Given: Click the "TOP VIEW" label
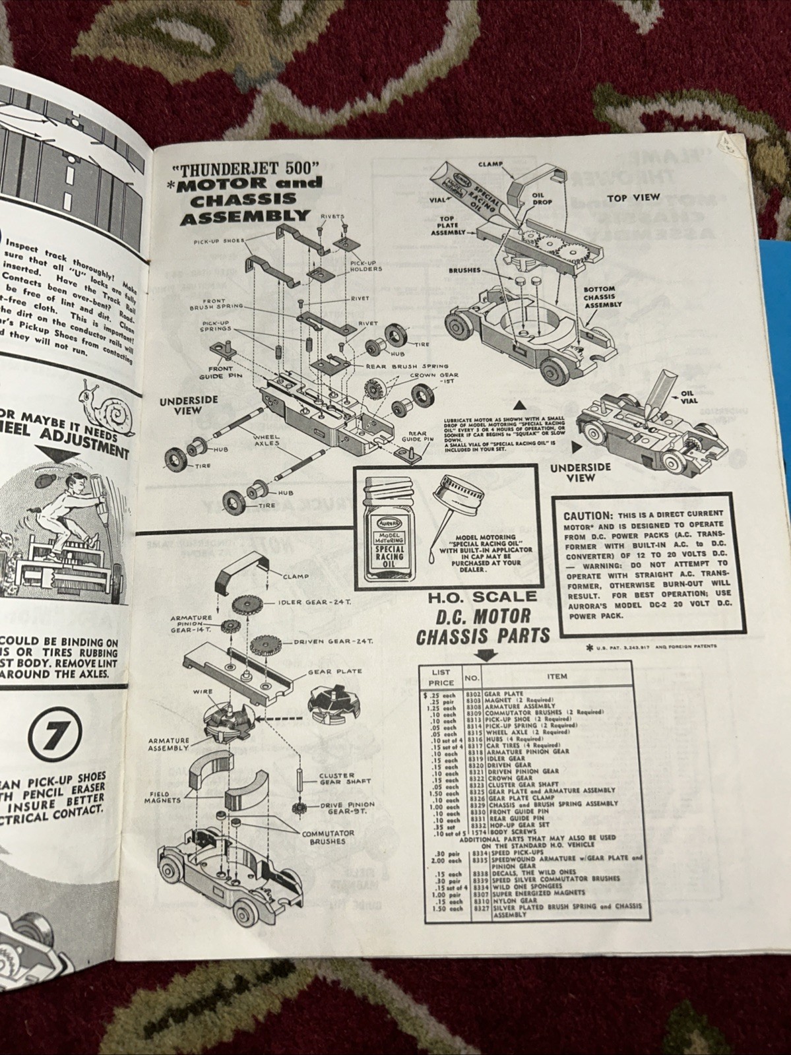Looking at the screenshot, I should [633, 197].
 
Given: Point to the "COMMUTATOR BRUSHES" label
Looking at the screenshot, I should [327, 837].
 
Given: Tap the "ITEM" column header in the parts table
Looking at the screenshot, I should [556, 676].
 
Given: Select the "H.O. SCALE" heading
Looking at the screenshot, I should [482, 596].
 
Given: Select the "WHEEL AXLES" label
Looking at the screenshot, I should [266, 440].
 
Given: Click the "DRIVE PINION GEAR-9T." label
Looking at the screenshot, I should [347, 808].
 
